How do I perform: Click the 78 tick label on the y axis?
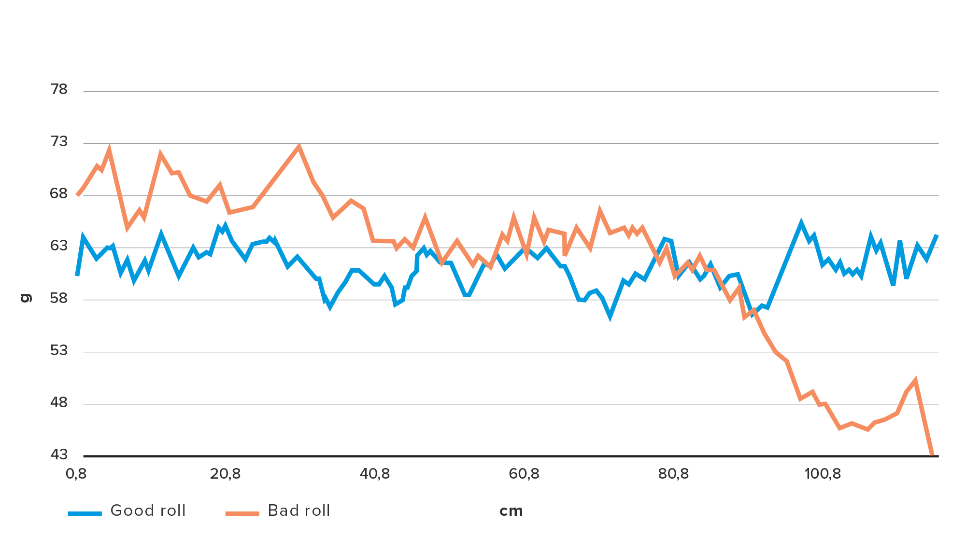pyautogui.click(x=59, y=90)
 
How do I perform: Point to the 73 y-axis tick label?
pyautogui.click(x=59, y=142)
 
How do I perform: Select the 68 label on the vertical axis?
pyautogui.click(x=59, y=194)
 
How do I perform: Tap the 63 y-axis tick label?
pyautogui.click(x=59, y=246)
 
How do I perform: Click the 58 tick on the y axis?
pyautogui.click(x=59, y=298)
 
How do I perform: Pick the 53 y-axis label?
pyautogui.click(x=59, y=350)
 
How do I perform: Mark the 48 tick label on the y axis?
pyautogui.click(x=59, y=402)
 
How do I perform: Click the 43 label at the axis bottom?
pyautogui.click(x=59, y=455)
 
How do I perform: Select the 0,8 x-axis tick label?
pyautogui.click(x=76, y=474)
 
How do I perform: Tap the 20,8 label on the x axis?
pyautogui.click(x=225, y=474)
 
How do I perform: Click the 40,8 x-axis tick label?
pyautogui.click(x=375, y=474)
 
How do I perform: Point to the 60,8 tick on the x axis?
pyautogui.click(x=524, y=474)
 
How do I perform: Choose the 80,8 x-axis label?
pyautogui.click(x=673, y=474)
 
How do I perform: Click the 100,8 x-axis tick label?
pyautogui.click(x=823, y=474)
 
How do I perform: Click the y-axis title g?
pyautogui.click(x=26, y=298)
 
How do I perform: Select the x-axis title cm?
pyautogui.click(x=511, y=511)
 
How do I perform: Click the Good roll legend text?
pyautogui.click(x=148, y=511)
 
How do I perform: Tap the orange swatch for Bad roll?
pyautogui.click(x=242, y=513)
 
